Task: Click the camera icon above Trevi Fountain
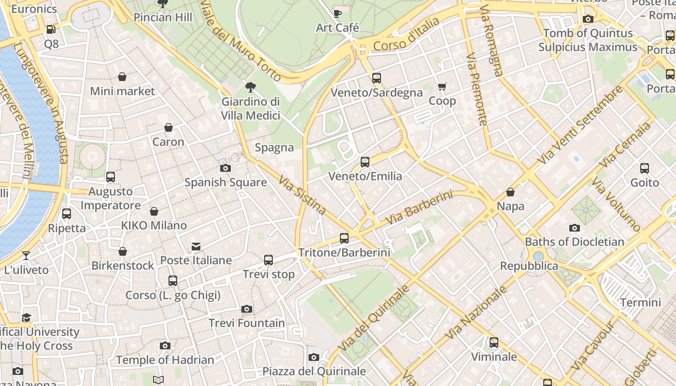tap(247, 309)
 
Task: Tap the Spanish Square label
tap(225, 182)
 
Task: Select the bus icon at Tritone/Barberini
tap(344, 238)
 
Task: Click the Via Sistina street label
tap(302, 195)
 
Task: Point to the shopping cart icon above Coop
tap(442, 87)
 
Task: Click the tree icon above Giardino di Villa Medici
tap(251, 87)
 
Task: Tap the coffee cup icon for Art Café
tap(338, 14)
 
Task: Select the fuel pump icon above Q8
tap(51, 29)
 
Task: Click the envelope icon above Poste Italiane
tap(196, 247)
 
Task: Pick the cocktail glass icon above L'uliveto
tap(26, 256)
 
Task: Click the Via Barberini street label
tap(420, 208)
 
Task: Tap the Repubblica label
tap(529, 266)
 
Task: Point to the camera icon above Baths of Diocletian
tap(575, 228)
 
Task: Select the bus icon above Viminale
tap(494, 343)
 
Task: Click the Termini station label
tap(640, 303)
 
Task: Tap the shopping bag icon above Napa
tap(510, 193)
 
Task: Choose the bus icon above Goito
tap(645, 168)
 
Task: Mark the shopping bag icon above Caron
tap(169, 128)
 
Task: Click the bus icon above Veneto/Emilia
tap(365, 162)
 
